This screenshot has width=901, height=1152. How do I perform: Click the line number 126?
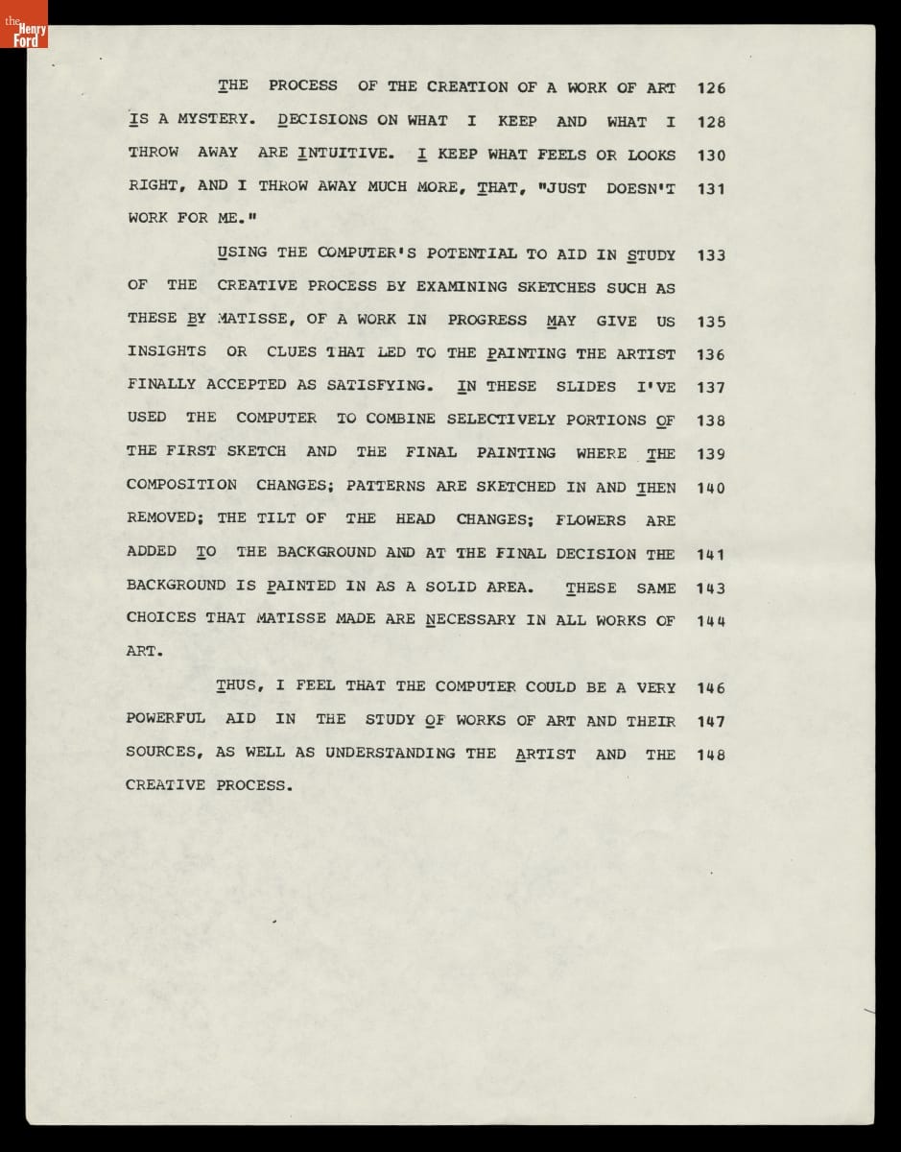click(711, 88)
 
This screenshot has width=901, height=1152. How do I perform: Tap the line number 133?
click(711, 255)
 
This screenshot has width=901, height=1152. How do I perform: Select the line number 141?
click(711, 554)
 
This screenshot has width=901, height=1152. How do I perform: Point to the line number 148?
click(711, 755)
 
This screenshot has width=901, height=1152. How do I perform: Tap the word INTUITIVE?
click(344, 154)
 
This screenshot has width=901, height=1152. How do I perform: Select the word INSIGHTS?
click(166, 351)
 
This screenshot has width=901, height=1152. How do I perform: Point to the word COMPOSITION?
click(181, 485)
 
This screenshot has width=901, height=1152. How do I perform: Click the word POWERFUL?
click(166, 718)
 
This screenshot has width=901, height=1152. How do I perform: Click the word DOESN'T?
click(640, 188)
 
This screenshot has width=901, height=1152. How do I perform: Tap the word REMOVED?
click(165, 518)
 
